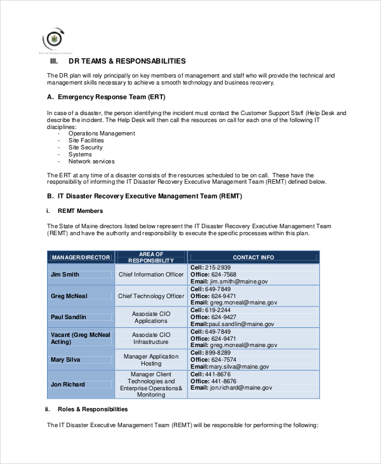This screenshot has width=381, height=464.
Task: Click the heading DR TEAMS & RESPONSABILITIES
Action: [127, 62]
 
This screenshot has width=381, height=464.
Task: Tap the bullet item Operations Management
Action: [102, 133]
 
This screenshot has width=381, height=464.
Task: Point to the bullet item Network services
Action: [91, 161]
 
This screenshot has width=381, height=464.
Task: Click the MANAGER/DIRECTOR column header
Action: [81, 257]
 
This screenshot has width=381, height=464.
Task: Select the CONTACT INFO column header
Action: [253, 257]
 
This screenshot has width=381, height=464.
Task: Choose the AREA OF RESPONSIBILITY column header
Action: [150, 257]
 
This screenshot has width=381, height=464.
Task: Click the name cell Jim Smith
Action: [65, 275]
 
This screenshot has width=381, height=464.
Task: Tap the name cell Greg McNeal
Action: [69, 296]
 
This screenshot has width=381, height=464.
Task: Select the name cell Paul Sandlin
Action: [68, 317]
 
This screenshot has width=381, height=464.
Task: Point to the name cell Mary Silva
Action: [65, 359]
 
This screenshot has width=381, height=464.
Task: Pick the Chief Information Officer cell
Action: [151, 275]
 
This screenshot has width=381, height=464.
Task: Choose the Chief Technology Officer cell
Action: [151, 296]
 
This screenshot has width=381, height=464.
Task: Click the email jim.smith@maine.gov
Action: [239, 281]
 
